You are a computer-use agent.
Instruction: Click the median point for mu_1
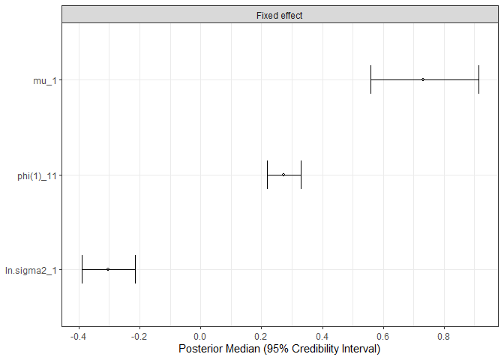point(423,79)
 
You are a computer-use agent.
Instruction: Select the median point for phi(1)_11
point(283,175)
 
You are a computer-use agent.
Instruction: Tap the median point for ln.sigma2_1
point(108,269)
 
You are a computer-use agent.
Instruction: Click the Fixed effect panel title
point(279,14)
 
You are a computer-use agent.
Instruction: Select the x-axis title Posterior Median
point(279,349)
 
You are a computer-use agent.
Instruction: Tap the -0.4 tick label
point(78,335)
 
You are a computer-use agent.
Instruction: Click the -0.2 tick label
point(139,335)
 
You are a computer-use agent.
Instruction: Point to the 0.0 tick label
point(200,335)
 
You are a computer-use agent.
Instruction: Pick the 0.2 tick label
point(261,335)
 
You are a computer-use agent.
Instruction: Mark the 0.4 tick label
point(322,335)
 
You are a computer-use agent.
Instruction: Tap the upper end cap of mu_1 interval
point(478,79)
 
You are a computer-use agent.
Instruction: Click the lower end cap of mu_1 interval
point(371,79)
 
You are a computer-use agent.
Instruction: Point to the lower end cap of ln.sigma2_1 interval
point(82,269)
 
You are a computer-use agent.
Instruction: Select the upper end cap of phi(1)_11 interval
point(301,175)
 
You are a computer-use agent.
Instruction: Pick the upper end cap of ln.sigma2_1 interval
point(135,269)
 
